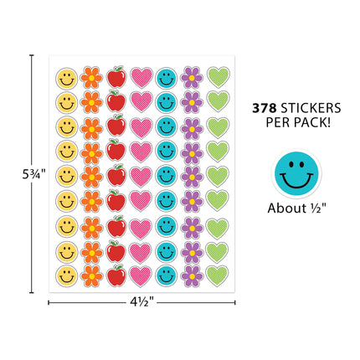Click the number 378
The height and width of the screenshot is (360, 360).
click(264, 108)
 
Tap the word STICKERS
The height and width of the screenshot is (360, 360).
click(311, 108)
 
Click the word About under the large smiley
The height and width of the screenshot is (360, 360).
click(287, 208)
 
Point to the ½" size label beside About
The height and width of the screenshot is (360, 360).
click(318, 208)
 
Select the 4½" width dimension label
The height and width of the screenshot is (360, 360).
click(142, 302)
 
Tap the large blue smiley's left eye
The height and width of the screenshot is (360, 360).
click(291, 165)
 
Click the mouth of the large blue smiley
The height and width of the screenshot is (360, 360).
click(296, 181)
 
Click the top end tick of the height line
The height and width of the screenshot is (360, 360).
click(32, 55)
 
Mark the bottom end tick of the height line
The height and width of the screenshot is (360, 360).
click(32, 292)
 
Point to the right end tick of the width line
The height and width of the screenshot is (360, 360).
click(235, 302)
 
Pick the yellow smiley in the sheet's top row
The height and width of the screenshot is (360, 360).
click(66, 78)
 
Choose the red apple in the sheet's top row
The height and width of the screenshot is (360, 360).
click(116, 77)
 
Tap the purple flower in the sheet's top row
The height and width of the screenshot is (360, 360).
click(192, 78)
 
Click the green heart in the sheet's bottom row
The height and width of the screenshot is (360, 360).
click(217, 275)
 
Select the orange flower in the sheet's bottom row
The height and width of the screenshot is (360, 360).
click(91, 276)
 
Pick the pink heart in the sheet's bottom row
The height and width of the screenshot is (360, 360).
click(141, 276)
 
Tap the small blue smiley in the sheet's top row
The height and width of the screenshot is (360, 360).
click(167, 78)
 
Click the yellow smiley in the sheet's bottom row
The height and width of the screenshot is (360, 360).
click(66, 276)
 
